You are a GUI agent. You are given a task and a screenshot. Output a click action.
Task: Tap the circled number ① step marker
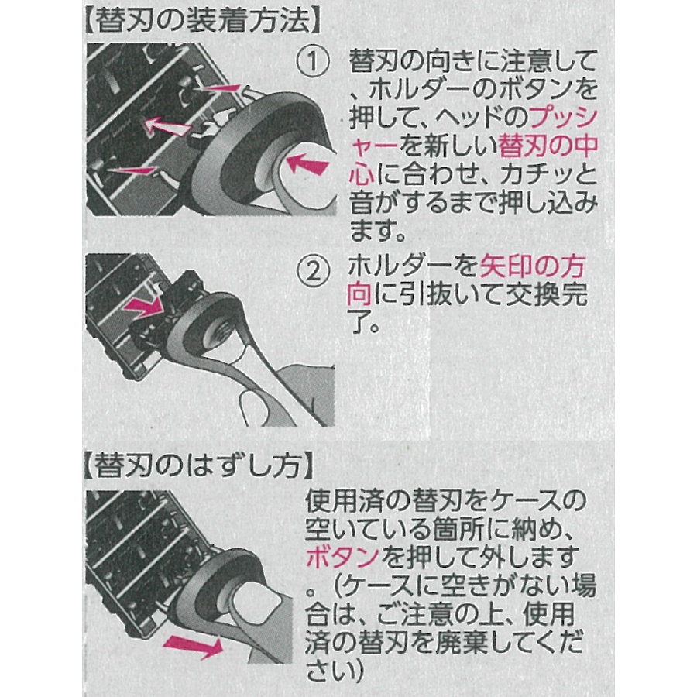[313, 61]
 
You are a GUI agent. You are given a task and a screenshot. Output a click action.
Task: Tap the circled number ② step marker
[313, 270]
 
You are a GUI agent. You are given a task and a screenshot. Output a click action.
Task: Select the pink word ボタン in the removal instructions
[343, 557]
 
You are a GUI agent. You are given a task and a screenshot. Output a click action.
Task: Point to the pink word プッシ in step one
[563, 118]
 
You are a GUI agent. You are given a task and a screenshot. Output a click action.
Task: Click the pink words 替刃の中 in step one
[548, 146]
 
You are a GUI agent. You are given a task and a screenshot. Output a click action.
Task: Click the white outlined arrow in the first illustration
[167, 127]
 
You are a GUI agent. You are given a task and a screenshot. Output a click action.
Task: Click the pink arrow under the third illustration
[193, 645]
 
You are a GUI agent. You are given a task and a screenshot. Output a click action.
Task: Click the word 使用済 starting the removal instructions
[343, 501]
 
